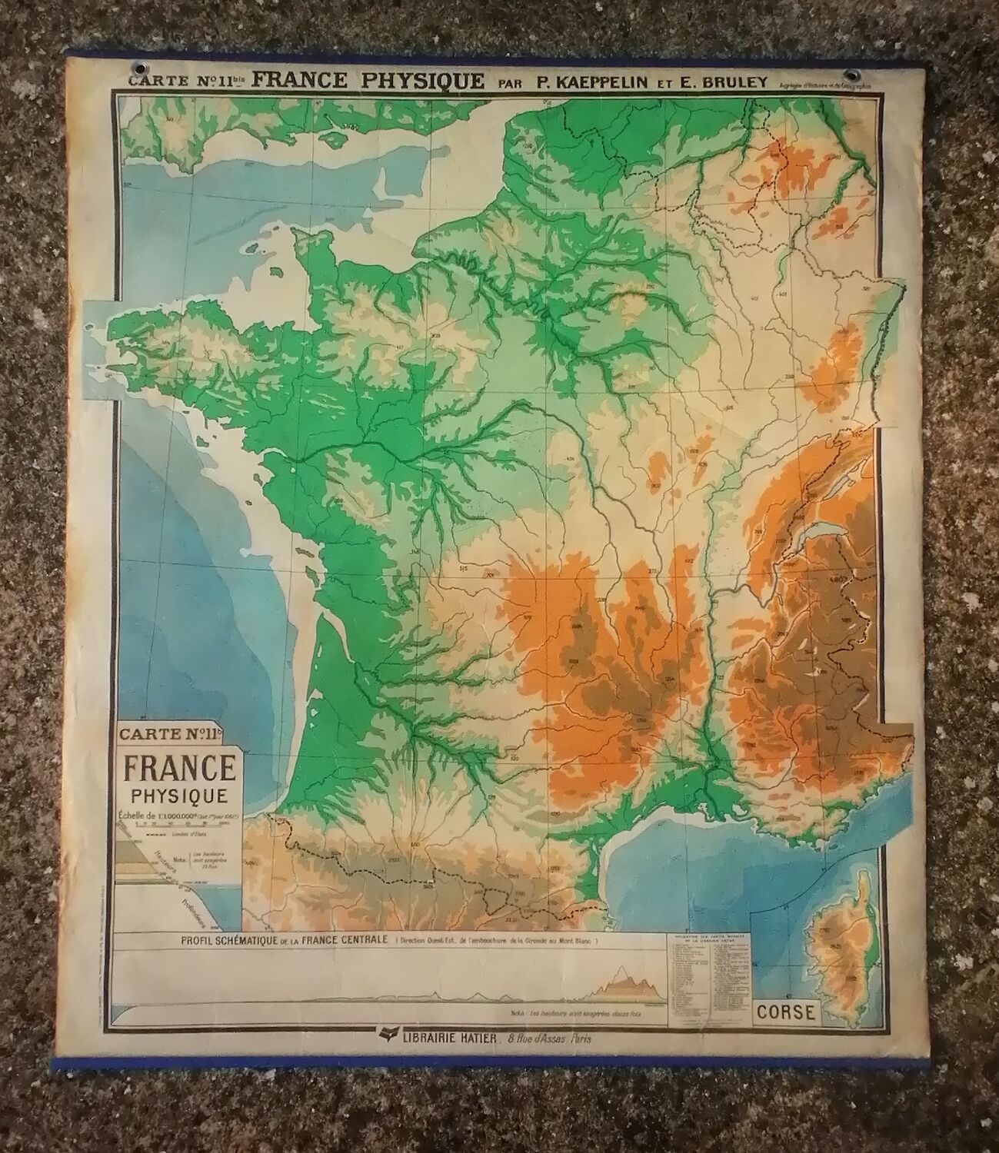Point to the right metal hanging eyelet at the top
point(850,75)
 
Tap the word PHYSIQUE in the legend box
point(178,796)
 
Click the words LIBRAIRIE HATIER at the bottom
point(439,1038)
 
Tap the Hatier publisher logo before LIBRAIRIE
point(382,1036)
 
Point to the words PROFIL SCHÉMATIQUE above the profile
point(228,939)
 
